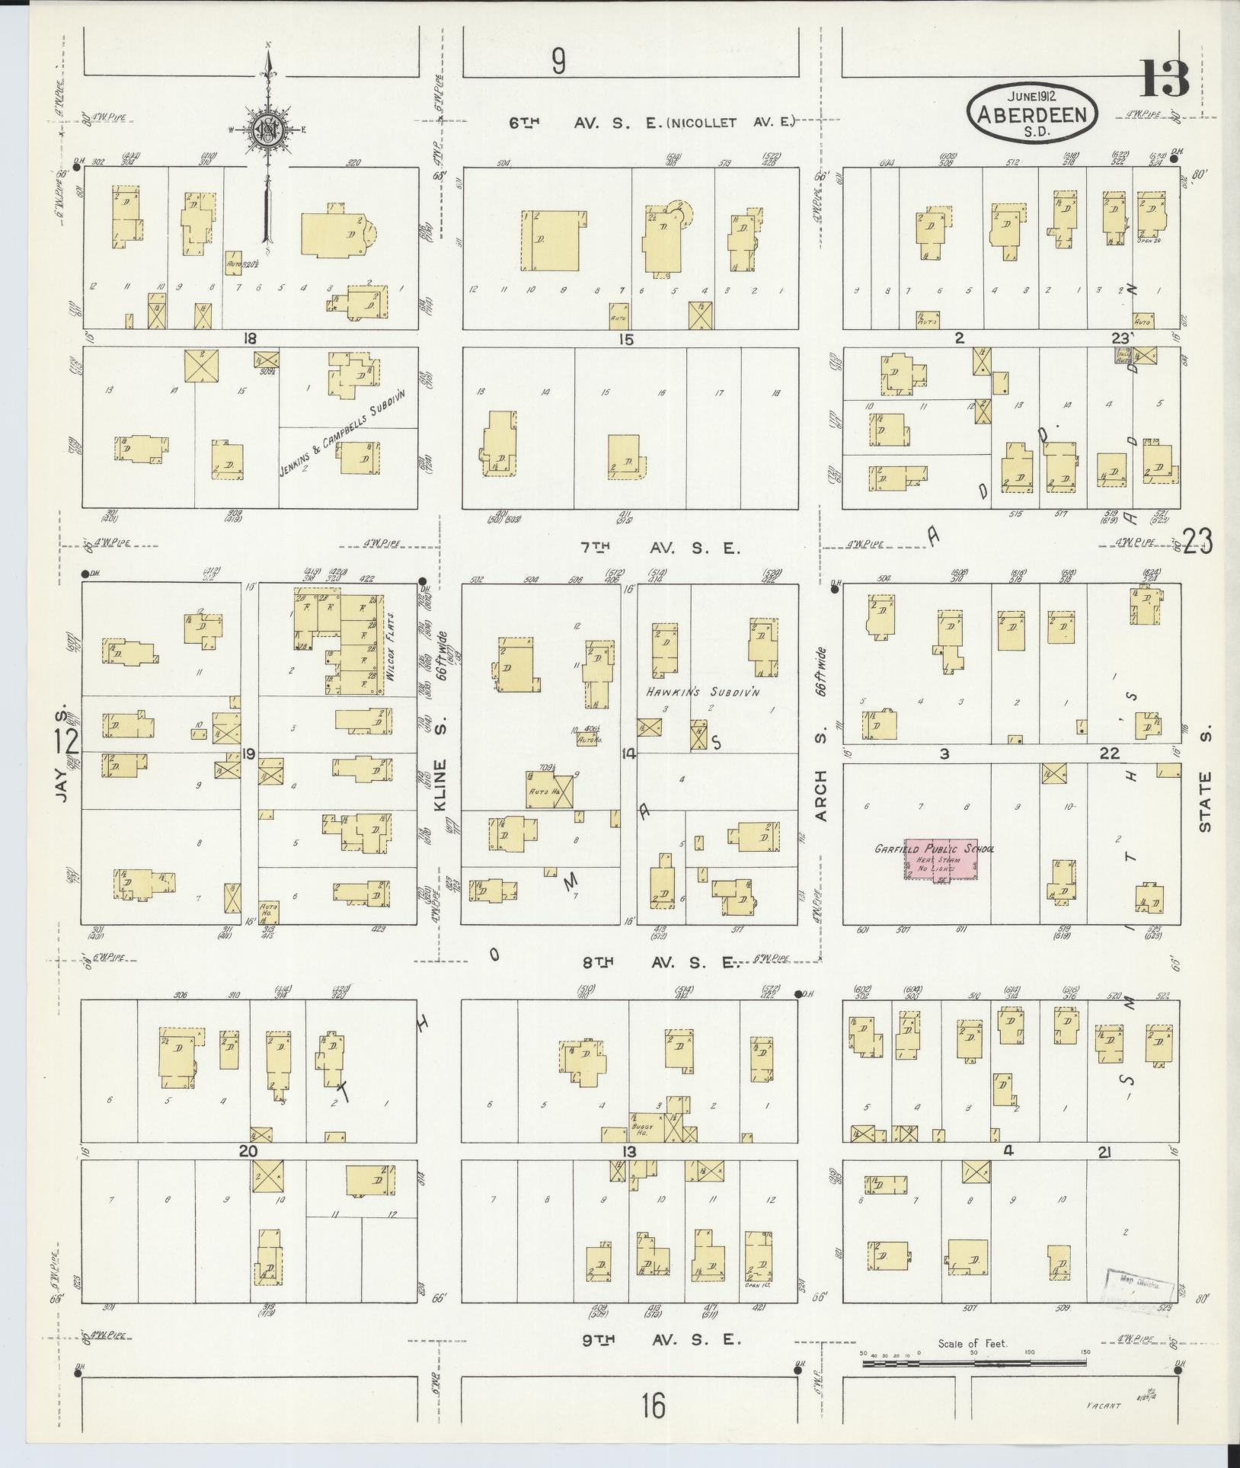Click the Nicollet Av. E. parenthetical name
(x=732, y=122)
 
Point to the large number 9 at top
(x=559, y=62)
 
